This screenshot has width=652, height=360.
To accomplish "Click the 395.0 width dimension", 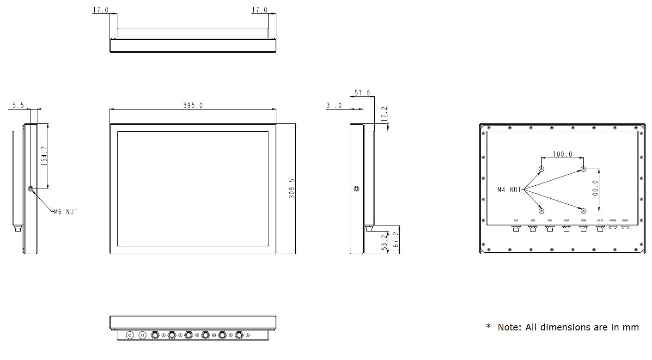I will tap(193, 105).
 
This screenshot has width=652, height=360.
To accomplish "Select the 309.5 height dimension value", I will tap(292, 189).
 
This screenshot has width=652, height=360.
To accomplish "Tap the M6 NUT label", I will tap(66, 212).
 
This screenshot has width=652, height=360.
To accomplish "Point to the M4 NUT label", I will tap(509, 189).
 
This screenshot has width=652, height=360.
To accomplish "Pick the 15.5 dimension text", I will tap(16, 106).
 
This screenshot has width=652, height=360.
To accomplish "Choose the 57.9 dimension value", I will tap(362, 93).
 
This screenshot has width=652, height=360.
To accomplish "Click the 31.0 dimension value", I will tap(334, 106).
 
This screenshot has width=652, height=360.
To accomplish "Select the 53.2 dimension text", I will tap(384, 242).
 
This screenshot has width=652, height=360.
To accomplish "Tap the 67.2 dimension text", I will tap(396, 239).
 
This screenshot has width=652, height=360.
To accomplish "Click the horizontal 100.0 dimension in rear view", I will tap(562, 154).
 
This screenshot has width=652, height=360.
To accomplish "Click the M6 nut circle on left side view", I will tap(31, 189).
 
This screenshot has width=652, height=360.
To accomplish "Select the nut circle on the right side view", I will tap(356, 189).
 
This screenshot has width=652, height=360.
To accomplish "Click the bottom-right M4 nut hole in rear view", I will tap(583, 211).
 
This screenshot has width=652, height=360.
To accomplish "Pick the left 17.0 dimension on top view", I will tap(101, 10).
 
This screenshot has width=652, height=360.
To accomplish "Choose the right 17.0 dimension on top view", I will tap(260, 10).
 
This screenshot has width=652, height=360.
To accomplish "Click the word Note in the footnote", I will tap(509, 327).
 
